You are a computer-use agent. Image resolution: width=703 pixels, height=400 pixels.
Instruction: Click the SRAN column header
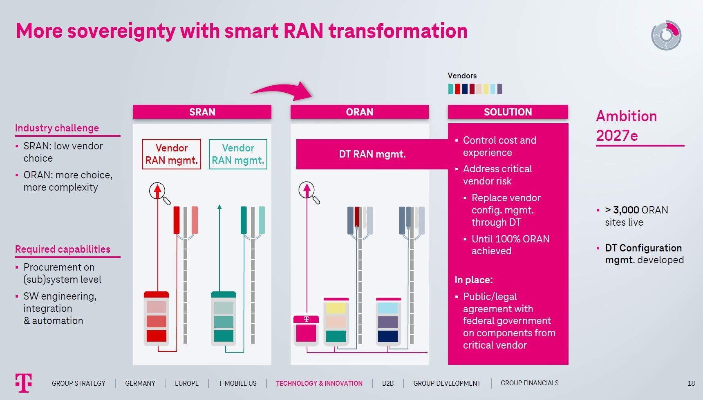coord(202,112)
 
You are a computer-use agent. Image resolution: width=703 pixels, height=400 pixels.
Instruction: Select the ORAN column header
coord(359,112)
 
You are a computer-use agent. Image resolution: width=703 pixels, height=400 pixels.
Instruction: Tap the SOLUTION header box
coord(508,112)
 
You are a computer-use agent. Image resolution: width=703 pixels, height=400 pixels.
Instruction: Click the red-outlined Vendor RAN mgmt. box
coord(172,154)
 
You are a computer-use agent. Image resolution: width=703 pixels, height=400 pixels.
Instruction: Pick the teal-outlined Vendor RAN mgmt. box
coord(238,154)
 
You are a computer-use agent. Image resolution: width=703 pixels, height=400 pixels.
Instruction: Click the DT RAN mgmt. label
coord(372,154)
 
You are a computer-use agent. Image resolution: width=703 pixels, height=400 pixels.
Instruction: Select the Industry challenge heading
coord(57,128)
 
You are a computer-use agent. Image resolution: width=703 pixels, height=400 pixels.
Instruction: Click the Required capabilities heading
coord(63,249)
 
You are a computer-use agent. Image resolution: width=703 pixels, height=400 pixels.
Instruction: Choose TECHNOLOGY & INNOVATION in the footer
coord(319,383)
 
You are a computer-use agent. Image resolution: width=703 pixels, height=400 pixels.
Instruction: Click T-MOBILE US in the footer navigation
coord(237,383)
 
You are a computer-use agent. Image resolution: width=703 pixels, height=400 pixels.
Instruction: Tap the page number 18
coord(691,383)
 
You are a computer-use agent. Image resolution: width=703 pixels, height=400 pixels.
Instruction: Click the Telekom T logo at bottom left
coord(24,382)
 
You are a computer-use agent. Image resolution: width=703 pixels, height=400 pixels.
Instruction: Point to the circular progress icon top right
coord(666,36)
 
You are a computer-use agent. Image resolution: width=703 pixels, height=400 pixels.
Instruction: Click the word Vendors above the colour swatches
coord(462,76)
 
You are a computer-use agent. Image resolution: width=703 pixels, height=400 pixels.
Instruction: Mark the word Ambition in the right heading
coord(626,116)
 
